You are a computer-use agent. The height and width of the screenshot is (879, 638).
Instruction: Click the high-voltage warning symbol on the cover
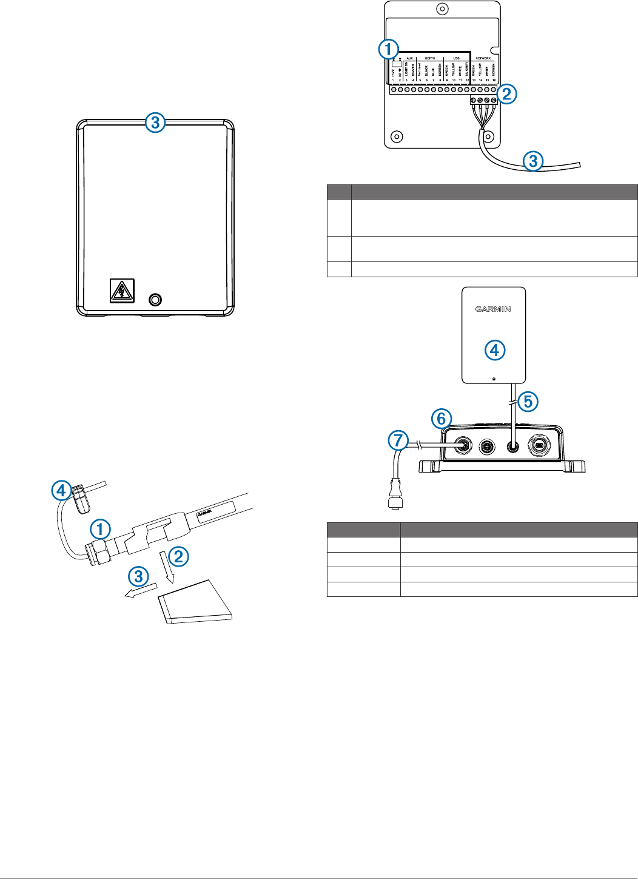point(122,291)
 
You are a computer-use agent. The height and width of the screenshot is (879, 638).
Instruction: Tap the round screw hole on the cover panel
point(156,299)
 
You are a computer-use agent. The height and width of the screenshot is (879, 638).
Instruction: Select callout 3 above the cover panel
point(155,123)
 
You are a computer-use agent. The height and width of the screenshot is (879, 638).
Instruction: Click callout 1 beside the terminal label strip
point(388,50)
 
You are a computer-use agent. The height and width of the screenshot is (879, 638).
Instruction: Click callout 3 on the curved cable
point(533,161)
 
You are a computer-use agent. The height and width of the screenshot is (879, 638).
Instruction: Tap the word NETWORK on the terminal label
point(483,58)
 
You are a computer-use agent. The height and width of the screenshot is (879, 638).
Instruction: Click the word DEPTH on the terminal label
point(429,58)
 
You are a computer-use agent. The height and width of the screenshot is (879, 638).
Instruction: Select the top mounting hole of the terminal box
point(443,9)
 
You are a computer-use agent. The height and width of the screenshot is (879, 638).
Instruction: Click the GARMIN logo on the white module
point(493,309)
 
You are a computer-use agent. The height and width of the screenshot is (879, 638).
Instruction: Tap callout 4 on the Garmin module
point(494,350)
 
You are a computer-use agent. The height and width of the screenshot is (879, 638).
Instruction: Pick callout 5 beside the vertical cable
point(528,401)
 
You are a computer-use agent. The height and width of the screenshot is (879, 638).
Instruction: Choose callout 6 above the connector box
point(442,418)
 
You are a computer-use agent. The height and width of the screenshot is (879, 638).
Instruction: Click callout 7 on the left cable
point(398,440)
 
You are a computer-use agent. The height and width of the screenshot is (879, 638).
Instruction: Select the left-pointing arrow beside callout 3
point(140,590)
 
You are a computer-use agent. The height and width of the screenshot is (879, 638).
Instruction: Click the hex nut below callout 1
point(101,551)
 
